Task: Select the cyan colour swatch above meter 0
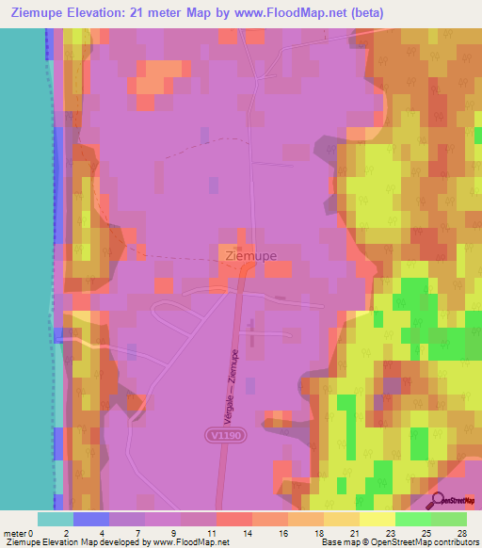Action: click(56, 519)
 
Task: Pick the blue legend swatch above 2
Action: click(91, 519)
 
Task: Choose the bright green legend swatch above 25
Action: click(413, 519)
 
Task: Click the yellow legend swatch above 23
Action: click(378, 519)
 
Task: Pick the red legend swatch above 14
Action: click(234, 519)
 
